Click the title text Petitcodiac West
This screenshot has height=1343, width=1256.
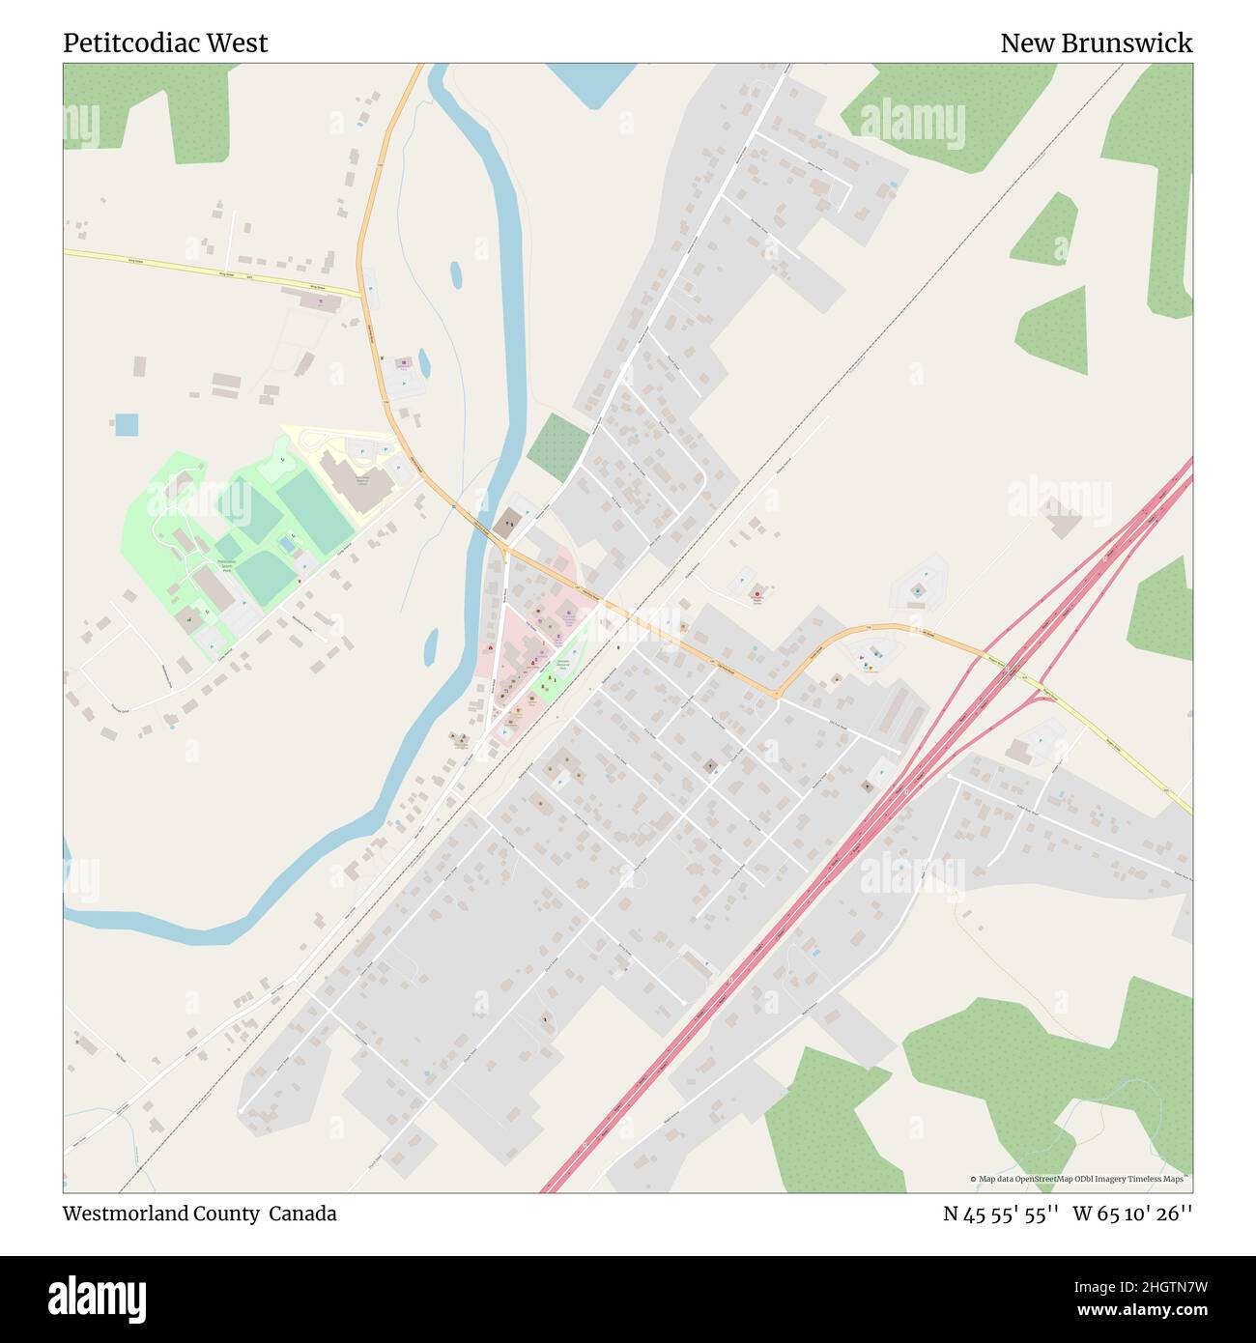click(x=165, y=43)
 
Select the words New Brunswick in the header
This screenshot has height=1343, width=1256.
click(x=1096, y=43)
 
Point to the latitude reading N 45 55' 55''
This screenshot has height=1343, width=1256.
click(x=1001, y=1214)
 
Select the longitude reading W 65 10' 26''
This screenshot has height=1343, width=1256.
click(x=1132, y=1214)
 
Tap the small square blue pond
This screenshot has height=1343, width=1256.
click(x=127, y=424)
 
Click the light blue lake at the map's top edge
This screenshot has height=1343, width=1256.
click(x=590, y=83)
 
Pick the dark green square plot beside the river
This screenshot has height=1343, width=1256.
click(x=557, y=446)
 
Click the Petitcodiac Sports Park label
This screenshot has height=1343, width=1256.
click(x=228, y=566)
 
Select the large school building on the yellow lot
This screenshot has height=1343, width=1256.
click(x=357, y=481)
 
